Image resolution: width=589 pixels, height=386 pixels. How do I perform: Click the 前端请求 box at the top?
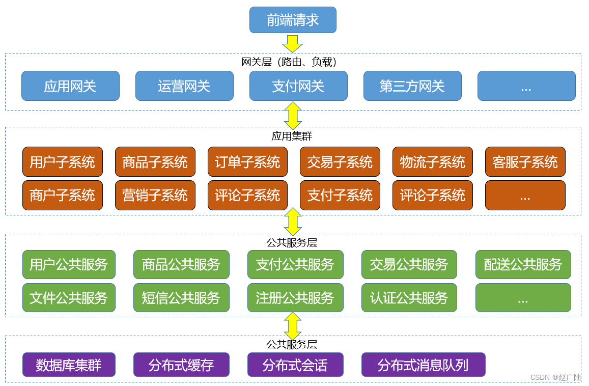coord(293,20)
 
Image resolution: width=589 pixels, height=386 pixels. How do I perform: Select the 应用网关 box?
coord(70,86)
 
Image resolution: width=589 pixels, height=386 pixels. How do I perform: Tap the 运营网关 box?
coord(184,86)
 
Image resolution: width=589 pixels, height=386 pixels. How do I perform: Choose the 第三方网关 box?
coord(412,86)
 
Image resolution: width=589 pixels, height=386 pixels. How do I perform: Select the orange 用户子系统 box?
coord(63,162)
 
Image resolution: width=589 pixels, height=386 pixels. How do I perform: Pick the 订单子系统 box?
coord(247,162)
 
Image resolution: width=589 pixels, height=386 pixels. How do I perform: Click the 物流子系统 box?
coord(433,162)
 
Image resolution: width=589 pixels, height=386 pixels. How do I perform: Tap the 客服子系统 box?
coord(525,162)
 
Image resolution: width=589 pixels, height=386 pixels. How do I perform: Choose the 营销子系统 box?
coord(155,195)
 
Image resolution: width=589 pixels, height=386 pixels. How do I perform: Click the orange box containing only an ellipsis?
coord(525,195)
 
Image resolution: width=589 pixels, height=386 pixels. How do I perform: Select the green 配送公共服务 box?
coord(523,264)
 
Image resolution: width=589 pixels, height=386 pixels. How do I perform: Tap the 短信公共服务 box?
coord(181,297)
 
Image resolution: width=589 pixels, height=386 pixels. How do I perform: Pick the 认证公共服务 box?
coord(409,297)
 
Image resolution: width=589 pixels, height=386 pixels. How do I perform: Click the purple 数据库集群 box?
coord(69,365)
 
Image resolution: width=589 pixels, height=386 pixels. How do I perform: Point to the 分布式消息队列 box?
coord(424,365)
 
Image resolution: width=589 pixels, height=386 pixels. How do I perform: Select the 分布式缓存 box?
coord(181,365)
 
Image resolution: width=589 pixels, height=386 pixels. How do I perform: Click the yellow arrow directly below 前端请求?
coord(293,43)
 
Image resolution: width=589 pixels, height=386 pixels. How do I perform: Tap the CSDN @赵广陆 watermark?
coord(555,377)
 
